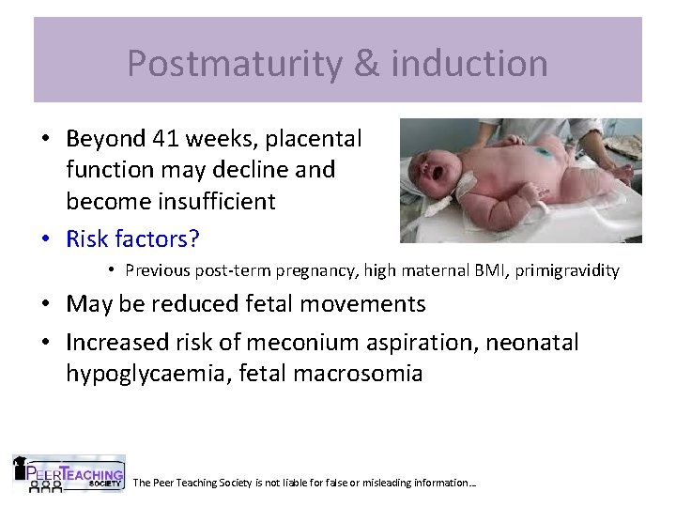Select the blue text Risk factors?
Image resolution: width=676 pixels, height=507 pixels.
coord(132,239)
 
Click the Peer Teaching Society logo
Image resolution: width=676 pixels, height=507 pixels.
coord(68,473)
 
